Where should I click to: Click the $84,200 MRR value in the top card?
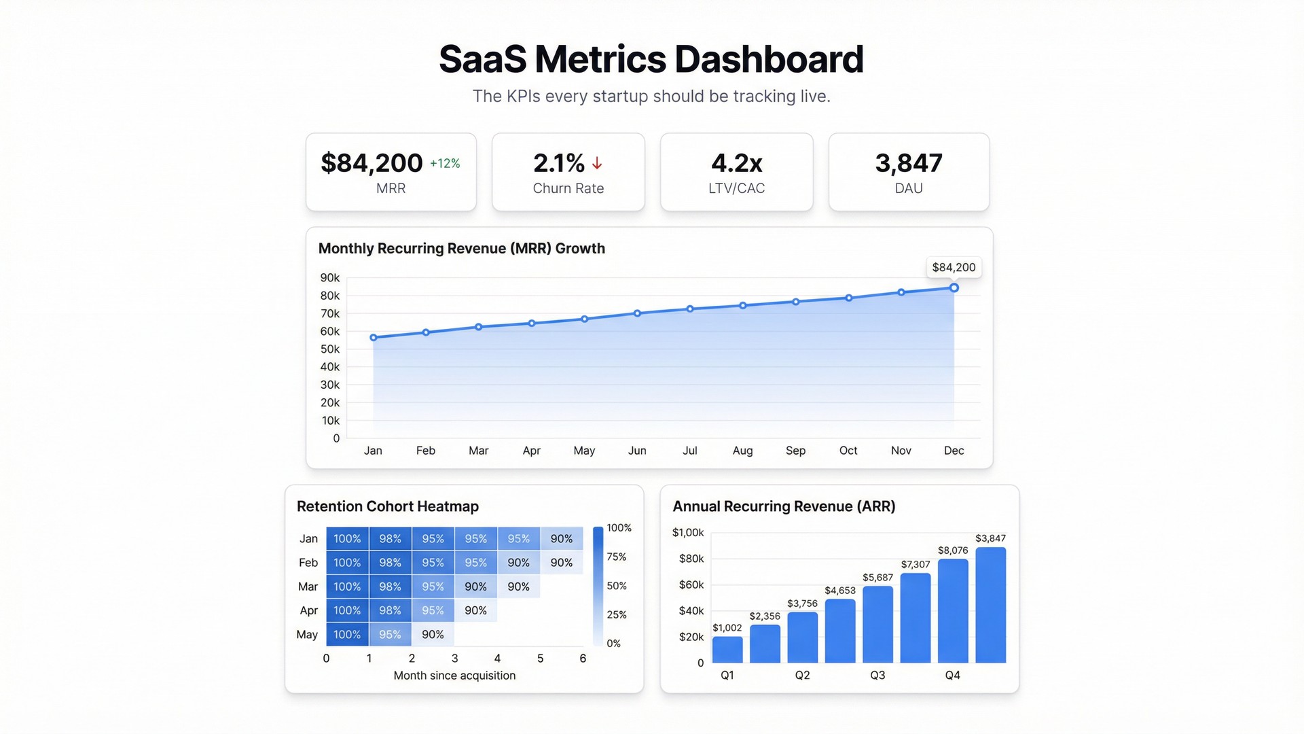point(372,163)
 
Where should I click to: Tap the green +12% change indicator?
point(445,164)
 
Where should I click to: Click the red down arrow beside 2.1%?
point(597,163)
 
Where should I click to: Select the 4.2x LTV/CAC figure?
point(736,163)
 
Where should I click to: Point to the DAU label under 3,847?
point(908,188)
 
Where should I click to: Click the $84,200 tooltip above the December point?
point(954,267)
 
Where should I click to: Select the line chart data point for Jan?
point(374,338)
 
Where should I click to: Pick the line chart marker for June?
point(637,313)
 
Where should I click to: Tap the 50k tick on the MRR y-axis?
point(330,349)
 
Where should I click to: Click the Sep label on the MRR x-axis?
point(795,451)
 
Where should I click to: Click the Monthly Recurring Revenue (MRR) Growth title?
point(461,248)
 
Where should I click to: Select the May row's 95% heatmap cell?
point(390,634)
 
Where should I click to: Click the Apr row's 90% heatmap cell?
point(475,610)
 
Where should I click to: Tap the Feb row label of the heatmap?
point(308,563)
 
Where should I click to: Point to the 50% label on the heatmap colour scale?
point(616,586)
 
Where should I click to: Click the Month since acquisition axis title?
point(454,676)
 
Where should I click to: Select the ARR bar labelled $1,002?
point(727,650)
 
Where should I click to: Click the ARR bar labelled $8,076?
point(953,610)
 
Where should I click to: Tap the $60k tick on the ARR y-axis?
point(691,584)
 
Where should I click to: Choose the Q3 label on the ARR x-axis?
point(877,675)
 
